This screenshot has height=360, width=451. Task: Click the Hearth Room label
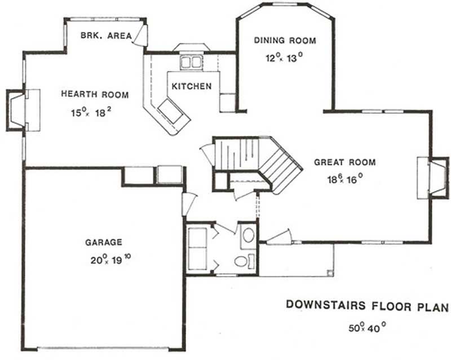coord(94,95)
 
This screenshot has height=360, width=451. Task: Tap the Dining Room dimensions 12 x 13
coord(284,58)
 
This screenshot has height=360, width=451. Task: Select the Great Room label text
coord(344,163)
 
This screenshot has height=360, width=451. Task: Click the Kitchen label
coord(192,86)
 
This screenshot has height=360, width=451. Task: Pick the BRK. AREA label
coord(105,35)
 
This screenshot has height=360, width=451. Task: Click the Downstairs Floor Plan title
coord(367,306)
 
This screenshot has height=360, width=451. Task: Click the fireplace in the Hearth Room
coord(20,110)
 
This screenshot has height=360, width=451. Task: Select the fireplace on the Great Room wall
coord(431,178)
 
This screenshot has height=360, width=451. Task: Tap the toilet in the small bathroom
coord(242,261)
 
